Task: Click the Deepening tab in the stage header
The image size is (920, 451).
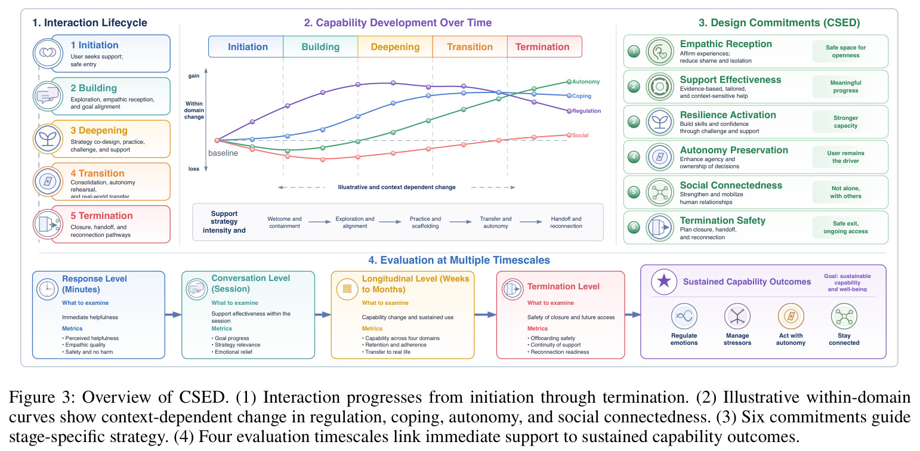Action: click(395, 47)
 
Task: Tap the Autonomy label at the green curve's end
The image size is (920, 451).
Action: click(586, 82)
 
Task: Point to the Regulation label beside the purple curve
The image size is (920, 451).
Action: click(586, 111)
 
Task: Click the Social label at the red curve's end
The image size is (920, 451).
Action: click(581, 135)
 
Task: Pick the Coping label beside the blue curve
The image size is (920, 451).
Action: click(582, 96)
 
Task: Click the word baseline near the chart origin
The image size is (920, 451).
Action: click(223, 153)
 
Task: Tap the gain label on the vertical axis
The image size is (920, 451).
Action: click(194, 76)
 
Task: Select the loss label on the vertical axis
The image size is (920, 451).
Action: click(194, 169)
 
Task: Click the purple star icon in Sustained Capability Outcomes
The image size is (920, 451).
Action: click(664, 282)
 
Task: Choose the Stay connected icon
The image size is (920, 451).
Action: click(844, 317)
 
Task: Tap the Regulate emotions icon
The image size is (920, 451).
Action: click(684, 317)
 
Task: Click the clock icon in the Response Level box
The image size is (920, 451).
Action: click(47, 289)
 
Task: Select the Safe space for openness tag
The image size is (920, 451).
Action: click(845, 51)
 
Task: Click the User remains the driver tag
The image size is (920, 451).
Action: click(845, 157)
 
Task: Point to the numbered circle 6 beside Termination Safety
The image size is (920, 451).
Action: click(634, 227)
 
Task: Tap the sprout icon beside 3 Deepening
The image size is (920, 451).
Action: click(48, 138)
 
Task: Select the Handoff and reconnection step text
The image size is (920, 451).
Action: click(566, 222)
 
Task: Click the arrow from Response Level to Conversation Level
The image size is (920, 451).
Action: click(173, 314)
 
